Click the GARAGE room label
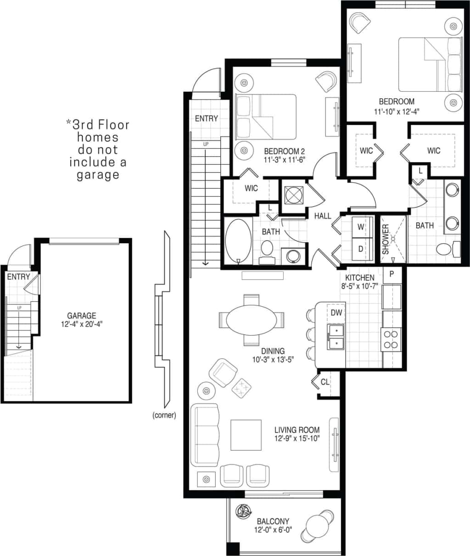point(82,315)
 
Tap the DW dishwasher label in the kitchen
point(336,313)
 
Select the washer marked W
point(361,227)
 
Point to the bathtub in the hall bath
point(238,241)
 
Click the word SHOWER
point(386,239)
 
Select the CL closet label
point(325,382)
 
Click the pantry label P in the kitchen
point(392,274)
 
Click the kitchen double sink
point(336,337)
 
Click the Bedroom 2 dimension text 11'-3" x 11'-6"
point(285,159)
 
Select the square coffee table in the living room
point(246,435)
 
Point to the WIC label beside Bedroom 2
point(251,188)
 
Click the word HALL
point(323,216)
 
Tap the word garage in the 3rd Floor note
point(98,174)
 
